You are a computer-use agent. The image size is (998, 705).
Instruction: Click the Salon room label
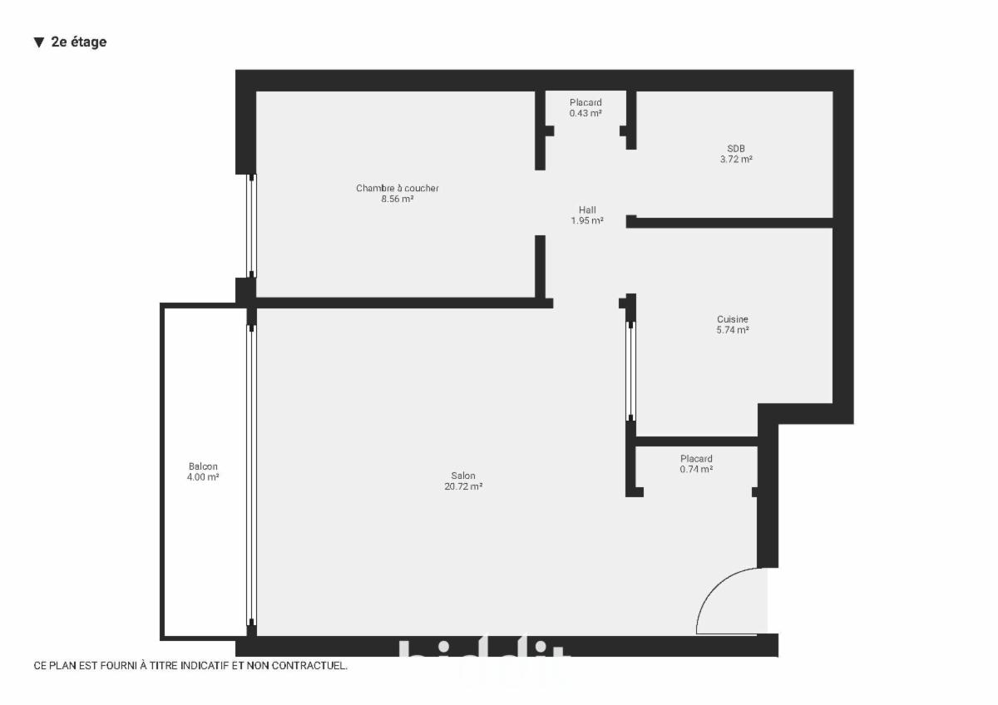click(463, 476)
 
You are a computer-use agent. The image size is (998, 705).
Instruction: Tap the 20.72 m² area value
click(463, 486)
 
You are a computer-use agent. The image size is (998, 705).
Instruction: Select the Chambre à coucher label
click(397, 189)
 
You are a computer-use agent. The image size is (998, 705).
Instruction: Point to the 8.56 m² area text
click(397, 199)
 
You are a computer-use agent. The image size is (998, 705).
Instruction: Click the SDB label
click(736, 149)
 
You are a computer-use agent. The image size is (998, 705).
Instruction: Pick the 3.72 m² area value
click(736, 160)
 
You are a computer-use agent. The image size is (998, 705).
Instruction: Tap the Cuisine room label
click(733, 319)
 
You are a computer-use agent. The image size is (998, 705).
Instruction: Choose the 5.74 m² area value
click(733, 330)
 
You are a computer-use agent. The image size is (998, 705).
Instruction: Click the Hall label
click(587, 210)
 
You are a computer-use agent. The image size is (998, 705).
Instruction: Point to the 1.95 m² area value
click(587, 220)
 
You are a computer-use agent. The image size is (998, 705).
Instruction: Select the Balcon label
click(203, 466)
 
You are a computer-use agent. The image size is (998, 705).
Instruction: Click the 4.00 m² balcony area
click(203, 477)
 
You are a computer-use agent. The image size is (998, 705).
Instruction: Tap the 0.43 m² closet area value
click(585, 113)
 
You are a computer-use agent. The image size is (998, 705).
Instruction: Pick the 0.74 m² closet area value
click(696, 469)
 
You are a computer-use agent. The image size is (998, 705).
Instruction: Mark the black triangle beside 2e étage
click(39, 42)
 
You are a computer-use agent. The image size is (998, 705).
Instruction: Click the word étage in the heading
click(89, 42)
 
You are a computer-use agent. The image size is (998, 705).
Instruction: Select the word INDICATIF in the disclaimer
click(192, 665)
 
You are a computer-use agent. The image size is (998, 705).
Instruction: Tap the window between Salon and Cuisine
click(630, 371)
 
